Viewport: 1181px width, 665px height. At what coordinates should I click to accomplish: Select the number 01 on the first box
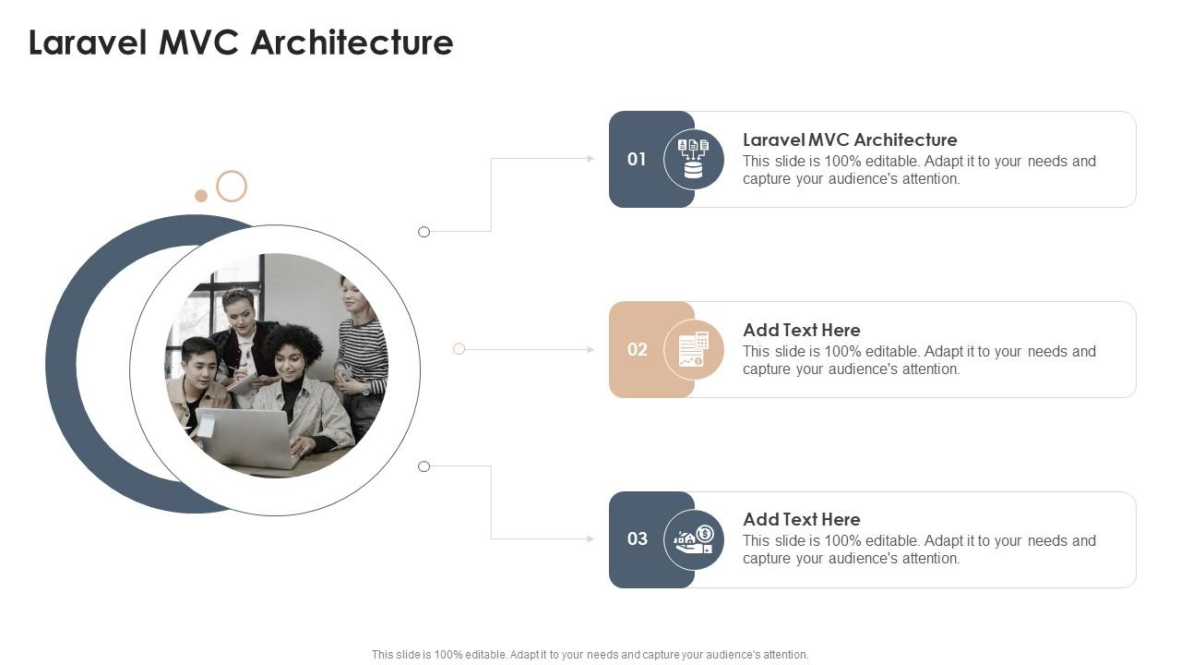637,159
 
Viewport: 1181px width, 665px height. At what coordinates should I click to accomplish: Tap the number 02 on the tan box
638,349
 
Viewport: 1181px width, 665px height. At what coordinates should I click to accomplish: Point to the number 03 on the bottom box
638,538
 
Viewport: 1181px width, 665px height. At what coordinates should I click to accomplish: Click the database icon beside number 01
694,159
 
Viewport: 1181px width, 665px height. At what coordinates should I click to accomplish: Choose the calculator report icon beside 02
694,349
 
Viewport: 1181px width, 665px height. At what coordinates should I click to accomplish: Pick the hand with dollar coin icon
694,539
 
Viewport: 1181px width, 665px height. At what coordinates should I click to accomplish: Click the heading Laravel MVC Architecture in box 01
850,139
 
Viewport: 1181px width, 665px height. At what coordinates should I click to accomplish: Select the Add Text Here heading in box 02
801,330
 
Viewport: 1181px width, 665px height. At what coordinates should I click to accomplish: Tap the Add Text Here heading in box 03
801,519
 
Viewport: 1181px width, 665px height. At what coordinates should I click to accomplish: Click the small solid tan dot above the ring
201,196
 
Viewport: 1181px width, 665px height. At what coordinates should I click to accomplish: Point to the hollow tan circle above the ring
232,187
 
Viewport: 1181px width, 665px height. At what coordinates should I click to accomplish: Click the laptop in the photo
246,438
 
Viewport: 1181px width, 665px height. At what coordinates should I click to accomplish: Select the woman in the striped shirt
363,351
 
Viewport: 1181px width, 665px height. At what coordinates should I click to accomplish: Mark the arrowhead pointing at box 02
590,349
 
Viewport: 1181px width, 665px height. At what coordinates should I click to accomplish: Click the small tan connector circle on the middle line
459,349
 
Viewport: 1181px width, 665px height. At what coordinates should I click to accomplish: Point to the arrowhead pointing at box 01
590,159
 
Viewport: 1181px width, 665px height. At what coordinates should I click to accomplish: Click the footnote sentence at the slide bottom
590,654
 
